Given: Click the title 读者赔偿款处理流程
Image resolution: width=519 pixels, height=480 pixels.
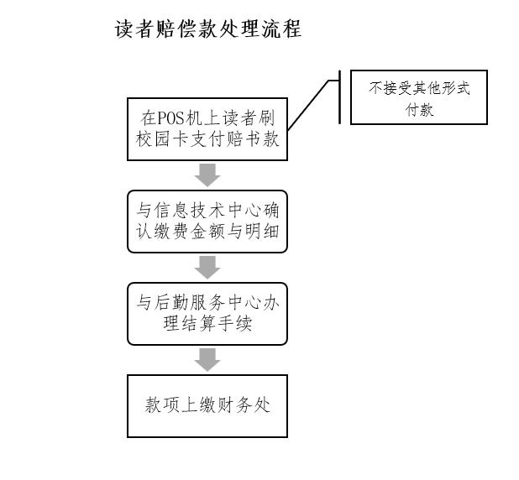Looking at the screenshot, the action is (x=208, y=29).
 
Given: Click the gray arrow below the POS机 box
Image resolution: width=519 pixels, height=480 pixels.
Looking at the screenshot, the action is (x=207, y=175).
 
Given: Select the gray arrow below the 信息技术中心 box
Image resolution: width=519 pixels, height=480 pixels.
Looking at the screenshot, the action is (x=207, y=268).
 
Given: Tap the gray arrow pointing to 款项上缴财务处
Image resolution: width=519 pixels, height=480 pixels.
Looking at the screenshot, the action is (x=207, y=360).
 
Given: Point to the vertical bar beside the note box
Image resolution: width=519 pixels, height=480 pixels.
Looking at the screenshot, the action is (x=339, y=97).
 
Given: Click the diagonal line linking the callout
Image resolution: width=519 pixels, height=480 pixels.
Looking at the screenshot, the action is (x=308, y=105).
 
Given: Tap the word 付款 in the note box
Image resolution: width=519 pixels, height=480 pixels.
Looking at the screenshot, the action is (x=419, y=109).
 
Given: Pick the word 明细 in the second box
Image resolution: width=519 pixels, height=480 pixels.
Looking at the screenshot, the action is (x=262, y=232).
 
